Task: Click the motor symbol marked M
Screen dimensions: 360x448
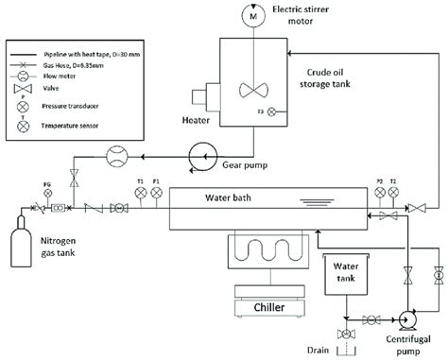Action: pos(252,14)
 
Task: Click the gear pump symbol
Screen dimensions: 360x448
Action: pos(201,153)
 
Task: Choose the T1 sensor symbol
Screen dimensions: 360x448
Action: pos(140,193)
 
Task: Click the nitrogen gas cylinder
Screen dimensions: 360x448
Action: pos(16,244)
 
